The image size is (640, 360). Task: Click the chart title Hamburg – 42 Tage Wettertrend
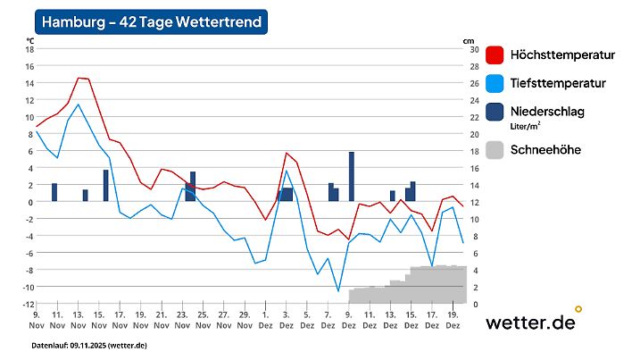click(153, 22)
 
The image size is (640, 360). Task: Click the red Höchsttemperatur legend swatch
click(495, 55)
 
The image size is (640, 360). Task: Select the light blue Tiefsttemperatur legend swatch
click(495, 84)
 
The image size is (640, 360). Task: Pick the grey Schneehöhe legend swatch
click(495, 149)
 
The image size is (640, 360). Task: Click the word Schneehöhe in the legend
click(544, 149)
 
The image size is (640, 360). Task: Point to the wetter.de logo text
click(530, 322)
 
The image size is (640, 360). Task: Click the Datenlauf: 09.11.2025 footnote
click(89, 345)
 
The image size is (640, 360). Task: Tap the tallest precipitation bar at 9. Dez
click(351, 176)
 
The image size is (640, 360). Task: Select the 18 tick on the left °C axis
click(29, 49)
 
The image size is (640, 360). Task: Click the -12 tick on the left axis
click(28, 304)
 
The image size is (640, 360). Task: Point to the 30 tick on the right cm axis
click(474, 49)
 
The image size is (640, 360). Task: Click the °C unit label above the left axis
click(29, 40)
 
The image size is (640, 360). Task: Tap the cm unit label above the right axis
click(469, 40)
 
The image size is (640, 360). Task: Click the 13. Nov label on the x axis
click(78, 320)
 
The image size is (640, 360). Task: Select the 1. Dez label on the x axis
click(266, 320)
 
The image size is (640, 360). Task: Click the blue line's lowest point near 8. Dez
click(338, 290)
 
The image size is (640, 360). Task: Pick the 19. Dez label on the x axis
click(453, 320)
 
